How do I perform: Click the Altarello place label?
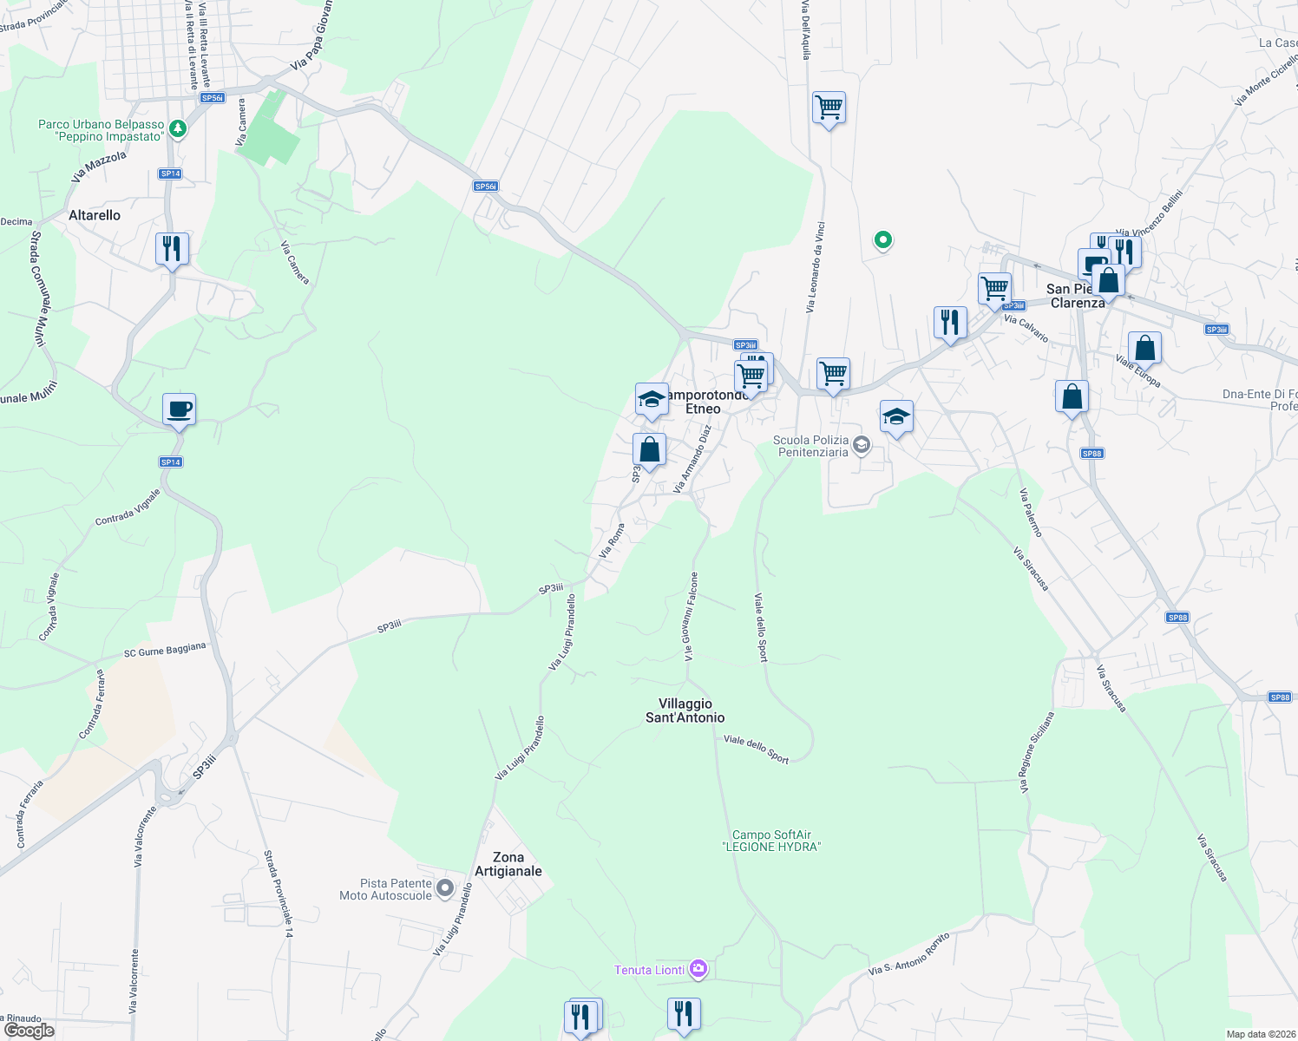coord(95,215)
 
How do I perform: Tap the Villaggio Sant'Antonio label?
coord(685,710)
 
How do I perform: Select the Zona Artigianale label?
coord(508,864)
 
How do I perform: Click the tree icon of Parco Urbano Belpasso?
coord(178,129)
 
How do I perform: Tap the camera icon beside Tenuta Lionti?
coord(698,969)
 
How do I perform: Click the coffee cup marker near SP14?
coord(179,409)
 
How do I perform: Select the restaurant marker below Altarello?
coord(172,249)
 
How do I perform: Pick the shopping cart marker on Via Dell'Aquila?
coord(829,108)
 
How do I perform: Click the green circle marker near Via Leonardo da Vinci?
coord(882,239)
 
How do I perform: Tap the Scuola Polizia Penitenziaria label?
coord(812,446)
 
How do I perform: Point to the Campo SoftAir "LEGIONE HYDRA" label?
coord(771,841)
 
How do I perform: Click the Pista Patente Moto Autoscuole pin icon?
coord(445,888)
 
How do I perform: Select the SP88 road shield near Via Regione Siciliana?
coord(1177,618)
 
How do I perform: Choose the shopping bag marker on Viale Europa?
coord(1144,348)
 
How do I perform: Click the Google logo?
coord(29,1031)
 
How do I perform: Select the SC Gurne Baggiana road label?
coord(165,650)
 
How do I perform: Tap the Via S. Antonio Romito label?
coord(909,954)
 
